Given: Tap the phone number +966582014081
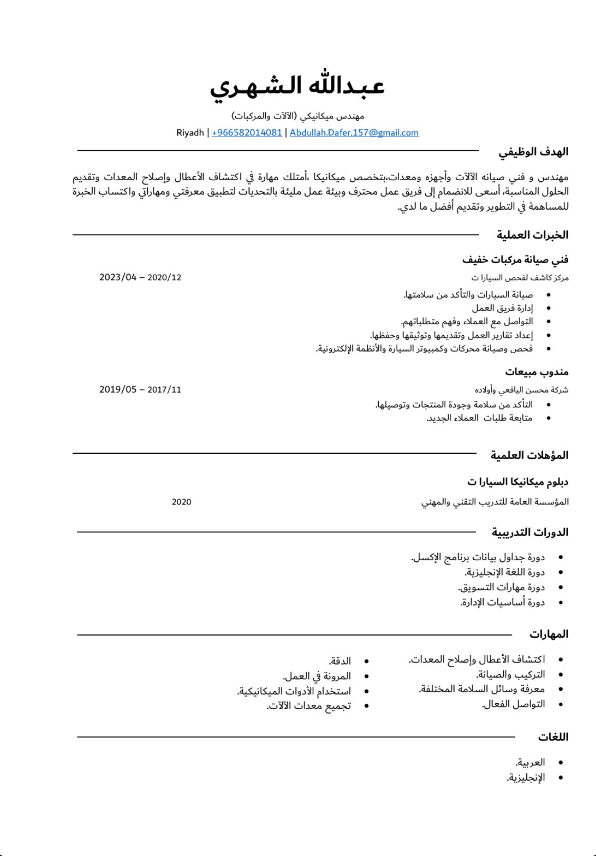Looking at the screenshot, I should point(247,133).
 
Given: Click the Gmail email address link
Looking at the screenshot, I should point(354,133).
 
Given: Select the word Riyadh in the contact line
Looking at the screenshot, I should point(190,133).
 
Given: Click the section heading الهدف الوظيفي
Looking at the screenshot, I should point(533,152).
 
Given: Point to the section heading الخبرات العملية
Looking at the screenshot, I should point(532,235).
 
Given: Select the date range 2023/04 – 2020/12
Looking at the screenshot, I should point(140,277).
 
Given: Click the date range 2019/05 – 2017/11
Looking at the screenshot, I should point(140,390).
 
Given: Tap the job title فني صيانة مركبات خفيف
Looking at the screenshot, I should point(515,259).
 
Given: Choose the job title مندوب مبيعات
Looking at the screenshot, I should point(536,372).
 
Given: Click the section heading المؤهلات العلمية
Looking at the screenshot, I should point(529,455).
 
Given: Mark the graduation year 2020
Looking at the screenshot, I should point(181,502).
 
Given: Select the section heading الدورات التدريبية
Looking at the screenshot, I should point(530,532).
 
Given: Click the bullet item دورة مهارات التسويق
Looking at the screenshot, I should point(501,587).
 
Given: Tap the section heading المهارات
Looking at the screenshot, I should point(549,634).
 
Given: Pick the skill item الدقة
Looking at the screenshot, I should point(340,661).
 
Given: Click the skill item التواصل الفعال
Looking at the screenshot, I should point(513,704).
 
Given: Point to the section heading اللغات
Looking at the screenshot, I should point(553,737).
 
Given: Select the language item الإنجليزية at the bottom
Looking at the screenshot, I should point(526,777).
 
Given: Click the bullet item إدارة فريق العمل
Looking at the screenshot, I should point(502,308).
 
